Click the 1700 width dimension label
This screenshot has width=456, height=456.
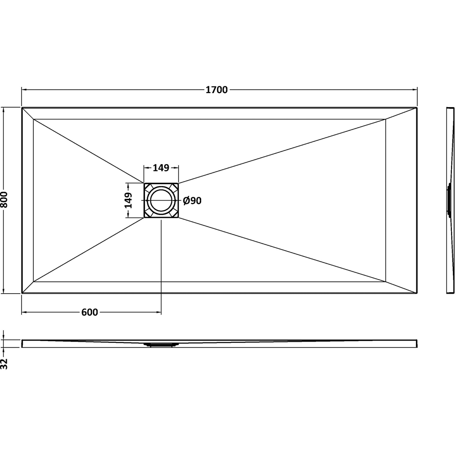(x=217, y=90)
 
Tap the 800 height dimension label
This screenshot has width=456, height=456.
(x=4, y=200)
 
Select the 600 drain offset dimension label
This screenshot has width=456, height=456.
(x=89, y=312)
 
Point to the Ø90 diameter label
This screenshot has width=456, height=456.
(x=192, y=201)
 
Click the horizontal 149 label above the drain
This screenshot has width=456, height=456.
(x=161, y=168)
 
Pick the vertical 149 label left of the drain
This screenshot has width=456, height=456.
(x=128, y=200)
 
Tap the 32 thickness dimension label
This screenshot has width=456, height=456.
(x=4, y=364)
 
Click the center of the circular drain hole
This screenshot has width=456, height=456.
(x=161, y=200)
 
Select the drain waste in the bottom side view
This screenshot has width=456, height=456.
(x=161, y=345)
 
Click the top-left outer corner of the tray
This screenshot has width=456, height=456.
(x=22, y=108)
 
